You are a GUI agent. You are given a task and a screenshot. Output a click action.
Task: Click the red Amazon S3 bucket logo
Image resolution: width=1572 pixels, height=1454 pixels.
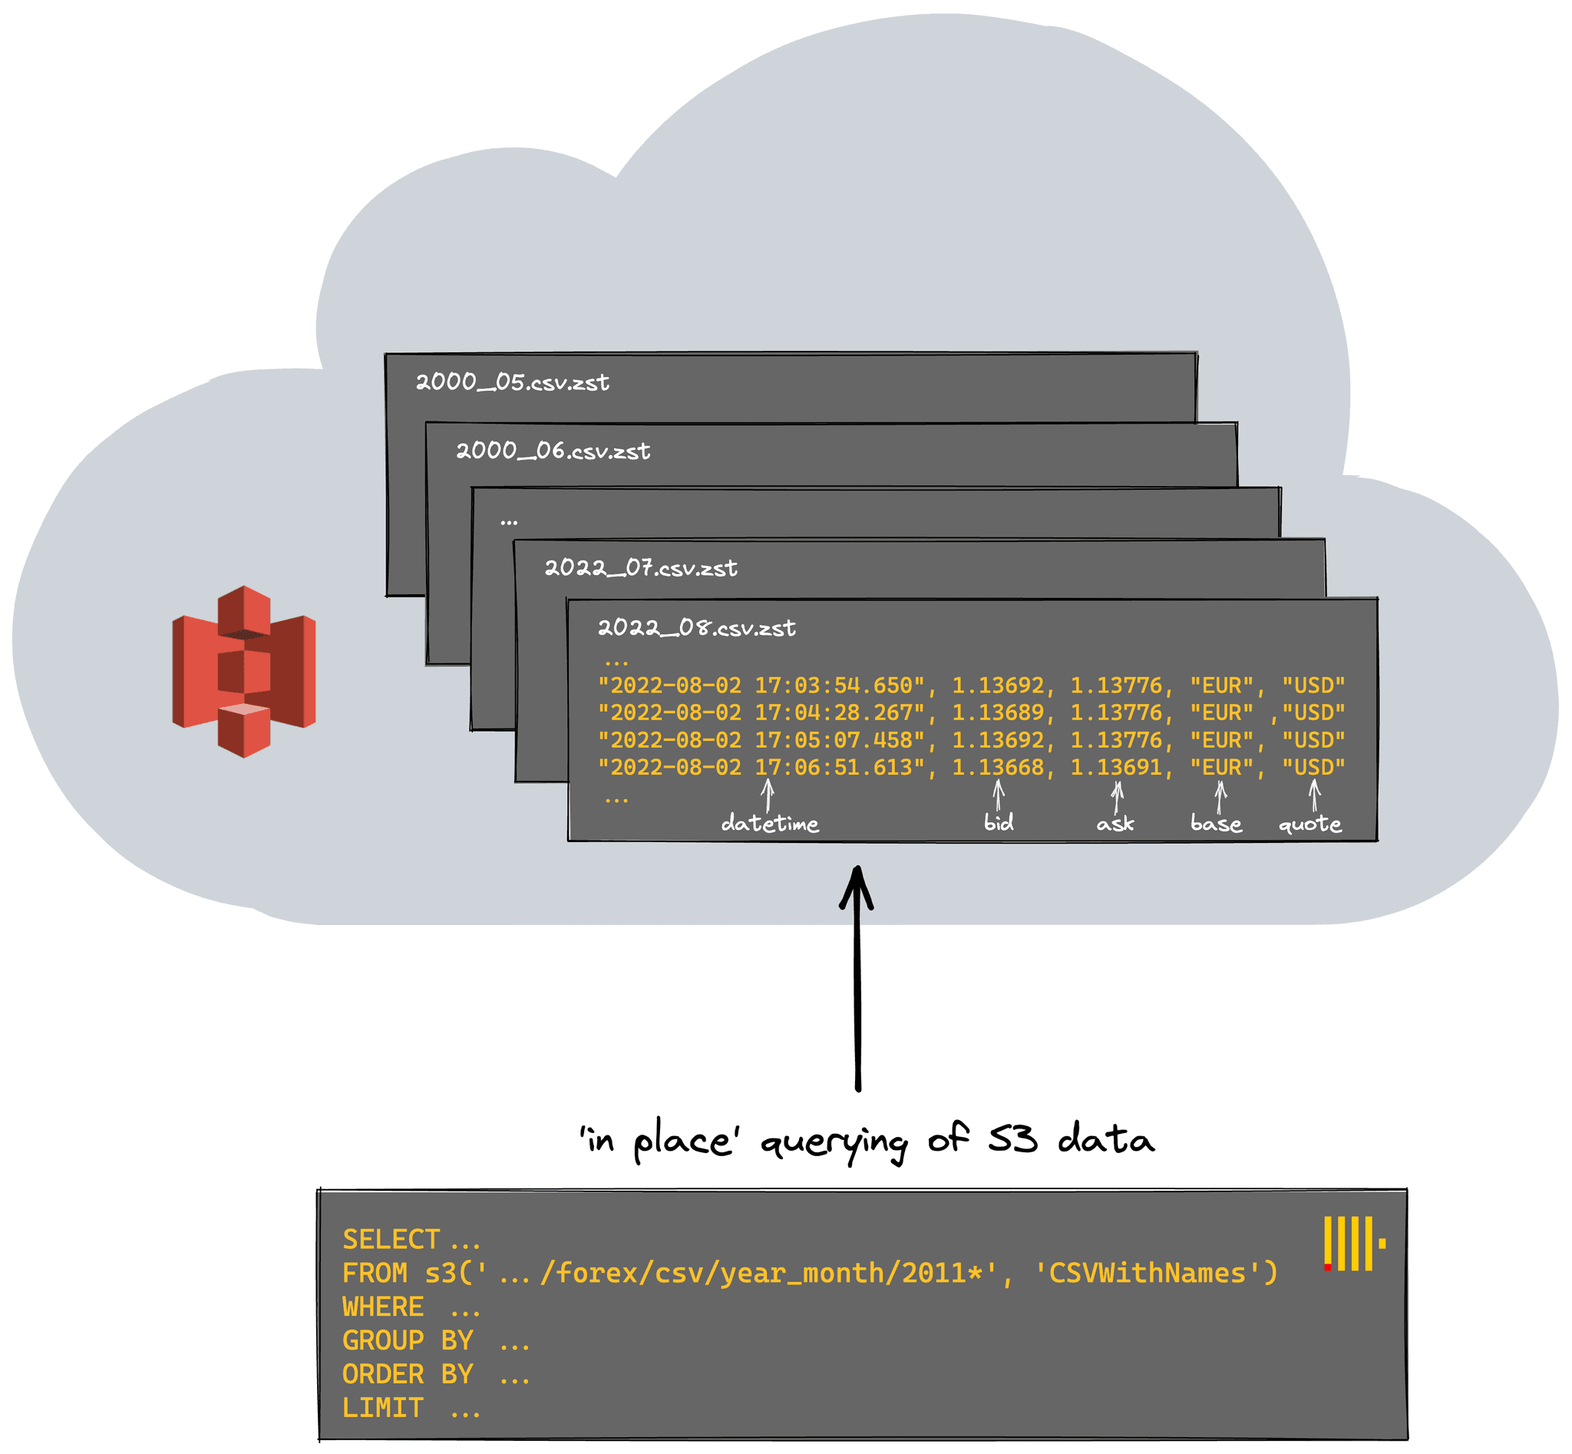click(244, 671)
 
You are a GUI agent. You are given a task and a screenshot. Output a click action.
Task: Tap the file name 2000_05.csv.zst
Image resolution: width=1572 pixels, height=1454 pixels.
click(512, 382)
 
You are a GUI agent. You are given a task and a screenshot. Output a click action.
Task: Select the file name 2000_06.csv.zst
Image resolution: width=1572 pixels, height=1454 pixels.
click(553, 451)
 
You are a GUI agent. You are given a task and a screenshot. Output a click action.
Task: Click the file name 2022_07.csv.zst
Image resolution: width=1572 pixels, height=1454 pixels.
click(641, 567)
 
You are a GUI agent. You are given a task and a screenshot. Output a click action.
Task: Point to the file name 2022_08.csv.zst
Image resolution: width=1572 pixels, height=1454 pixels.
click(696, 627)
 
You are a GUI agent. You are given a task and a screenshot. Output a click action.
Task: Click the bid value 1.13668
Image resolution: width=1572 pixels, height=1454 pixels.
click(998, 767)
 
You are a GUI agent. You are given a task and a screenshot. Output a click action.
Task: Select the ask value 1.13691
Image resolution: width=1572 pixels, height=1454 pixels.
click(1115, 767)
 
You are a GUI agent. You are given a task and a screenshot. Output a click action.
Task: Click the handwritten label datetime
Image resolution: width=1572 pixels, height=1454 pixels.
click(769, 823)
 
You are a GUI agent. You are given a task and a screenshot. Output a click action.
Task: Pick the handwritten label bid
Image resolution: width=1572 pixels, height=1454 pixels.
click(999, 822)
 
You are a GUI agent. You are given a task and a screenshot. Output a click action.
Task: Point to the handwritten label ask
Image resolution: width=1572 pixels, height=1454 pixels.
click(1115, 824)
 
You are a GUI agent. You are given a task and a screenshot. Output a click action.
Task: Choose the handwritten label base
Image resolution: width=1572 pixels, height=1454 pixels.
click(1216, 823)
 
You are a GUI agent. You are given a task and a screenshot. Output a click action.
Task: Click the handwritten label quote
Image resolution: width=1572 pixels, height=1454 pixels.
click(1310, 824)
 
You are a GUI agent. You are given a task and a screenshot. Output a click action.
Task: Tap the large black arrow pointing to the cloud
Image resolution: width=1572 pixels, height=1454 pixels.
click(857, 978)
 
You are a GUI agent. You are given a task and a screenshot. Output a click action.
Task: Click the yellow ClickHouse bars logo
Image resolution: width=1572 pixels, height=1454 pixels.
click(1354, 1243)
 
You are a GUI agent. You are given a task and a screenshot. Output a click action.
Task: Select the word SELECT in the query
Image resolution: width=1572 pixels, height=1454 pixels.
click(391, 1239)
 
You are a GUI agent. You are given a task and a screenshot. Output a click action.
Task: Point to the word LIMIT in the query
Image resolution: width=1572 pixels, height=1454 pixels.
click(383, 1408)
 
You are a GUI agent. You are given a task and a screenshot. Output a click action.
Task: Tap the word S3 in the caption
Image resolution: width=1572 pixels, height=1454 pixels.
click(1012, 1138)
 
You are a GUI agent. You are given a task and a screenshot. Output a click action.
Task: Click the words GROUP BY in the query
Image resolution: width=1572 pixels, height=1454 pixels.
click(408, 1340)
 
